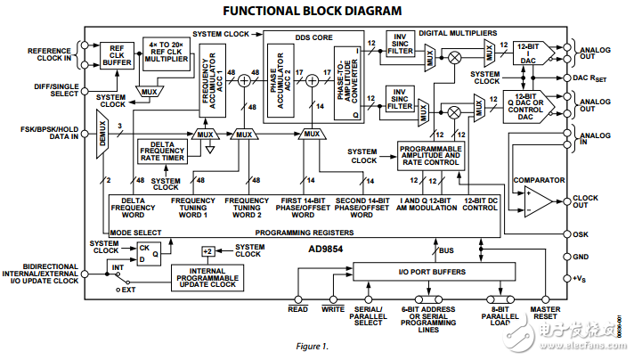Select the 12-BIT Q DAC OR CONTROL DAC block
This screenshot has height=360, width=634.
pos(528,105)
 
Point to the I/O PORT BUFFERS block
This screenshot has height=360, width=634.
pos(442,270)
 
